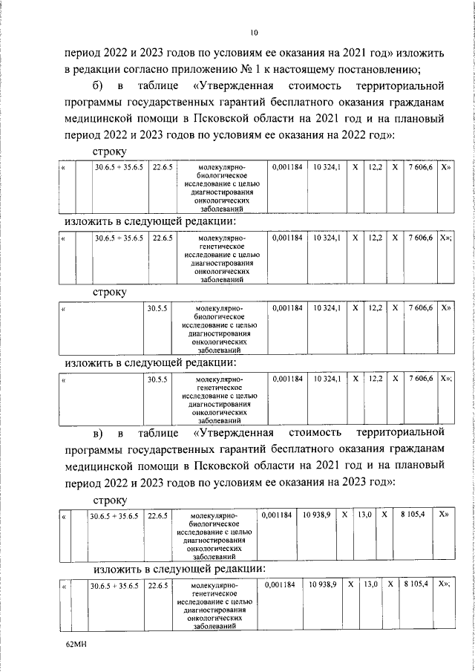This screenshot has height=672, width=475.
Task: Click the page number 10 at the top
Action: (x=254, y=33)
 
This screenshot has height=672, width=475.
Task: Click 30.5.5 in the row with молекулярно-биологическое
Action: (x=157, y=307)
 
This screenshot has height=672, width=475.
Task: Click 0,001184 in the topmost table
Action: (x=287, y=168)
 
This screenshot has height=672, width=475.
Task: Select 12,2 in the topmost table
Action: (x=376, y=168)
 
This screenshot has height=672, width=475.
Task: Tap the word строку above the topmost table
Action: (x=109, y=152)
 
